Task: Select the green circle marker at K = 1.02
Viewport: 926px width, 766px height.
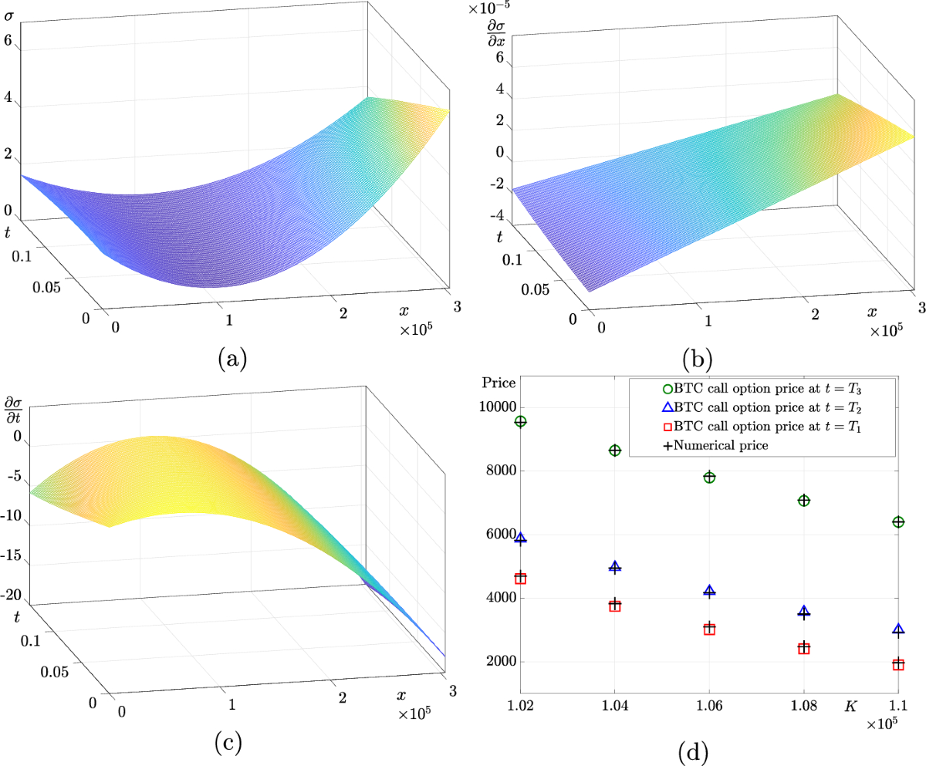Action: tap(521, 421)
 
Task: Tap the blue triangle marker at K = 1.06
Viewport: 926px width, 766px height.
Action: tap(709, 591)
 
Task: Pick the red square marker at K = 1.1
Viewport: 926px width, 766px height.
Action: tap(898, 664)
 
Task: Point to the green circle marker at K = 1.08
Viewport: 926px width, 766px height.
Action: tap(804, 501)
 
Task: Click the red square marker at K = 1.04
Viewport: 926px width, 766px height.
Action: tap(615, 606)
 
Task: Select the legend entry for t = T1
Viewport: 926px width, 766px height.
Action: tap(764, 426)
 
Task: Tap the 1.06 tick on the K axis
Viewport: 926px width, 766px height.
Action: tap(709, 704)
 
